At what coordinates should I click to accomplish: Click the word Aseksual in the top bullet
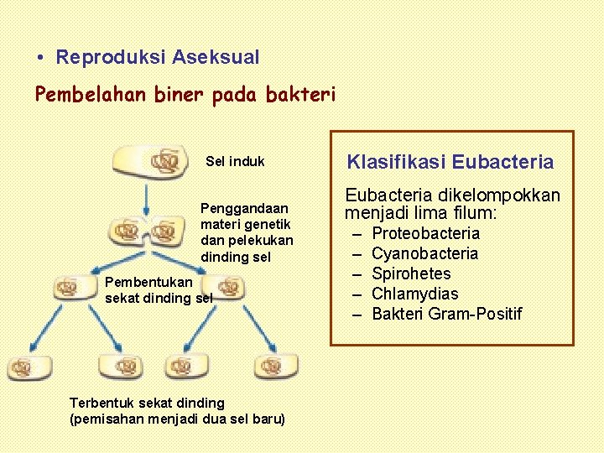[x=216, y=58]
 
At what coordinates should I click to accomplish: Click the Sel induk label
[x=235, y=161]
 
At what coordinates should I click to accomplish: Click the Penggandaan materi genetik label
[x=247, y=232]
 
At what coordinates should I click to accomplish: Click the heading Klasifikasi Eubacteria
[x=450, y=162]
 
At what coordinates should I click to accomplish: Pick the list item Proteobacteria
[x=425, y=233]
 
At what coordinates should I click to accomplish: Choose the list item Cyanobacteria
[x=424, y=253]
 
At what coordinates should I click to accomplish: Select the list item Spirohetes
[x=411, y=273]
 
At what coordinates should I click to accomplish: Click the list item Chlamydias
[x=414, y=294]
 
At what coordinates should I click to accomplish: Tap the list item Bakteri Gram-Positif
[x=446, y=314]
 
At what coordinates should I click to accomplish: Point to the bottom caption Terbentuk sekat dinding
[x=176, y=410]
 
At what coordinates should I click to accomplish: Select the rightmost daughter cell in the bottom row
[x=276, y=365]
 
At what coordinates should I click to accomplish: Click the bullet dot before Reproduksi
[x=40, y=58]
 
